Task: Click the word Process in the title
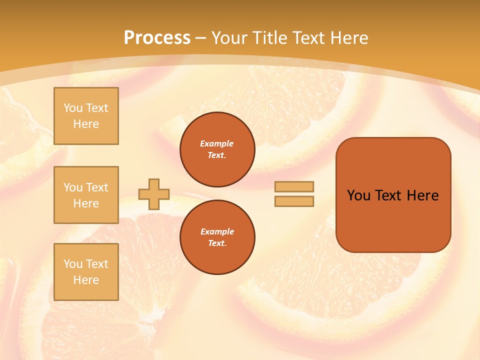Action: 157,38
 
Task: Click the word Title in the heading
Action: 269,38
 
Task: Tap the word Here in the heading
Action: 348,38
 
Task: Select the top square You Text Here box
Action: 86,116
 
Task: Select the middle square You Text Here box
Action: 86,195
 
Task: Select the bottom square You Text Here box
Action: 86,272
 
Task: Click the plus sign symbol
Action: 154,194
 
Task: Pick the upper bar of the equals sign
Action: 294,186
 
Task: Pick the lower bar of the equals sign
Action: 294,201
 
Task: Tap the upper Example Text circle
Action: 217,149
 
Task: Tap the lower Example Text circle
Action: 217,237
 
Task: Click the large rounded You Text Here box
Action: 393,195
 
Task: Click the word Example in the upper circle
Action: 217,143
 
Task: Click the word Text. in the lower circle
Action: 217,243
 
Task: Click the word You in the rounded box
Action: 358,195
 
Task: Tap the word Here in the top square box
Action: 86,124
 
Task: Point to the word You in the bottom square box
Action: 73,264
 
